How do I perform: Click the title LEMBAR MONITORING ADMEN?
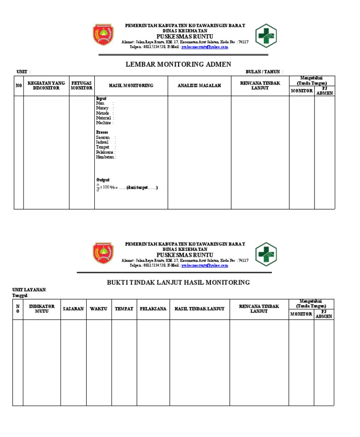coord(179,64)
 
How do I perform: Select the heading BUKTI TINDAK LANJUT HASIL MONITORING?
coord(179,282)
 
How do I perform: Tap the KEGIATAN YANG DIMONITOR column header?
coord(46,85)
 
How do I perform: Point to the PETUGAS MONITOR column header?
coord(82,85)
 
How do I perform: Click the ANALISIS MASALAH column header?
coord(199,85)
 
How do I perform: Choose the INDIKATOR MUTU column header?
coord(42,309)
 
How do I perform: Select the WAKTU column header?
coord(98,309)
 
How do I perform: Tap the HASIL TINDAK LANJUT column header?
coord(199,309)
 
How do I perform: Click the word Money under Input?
coord(102,108)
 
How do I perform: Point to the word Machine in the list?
coord(104,123)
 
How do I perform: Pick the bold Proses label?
coord(102,133)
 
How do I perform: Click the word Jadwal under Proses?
coord(102,143)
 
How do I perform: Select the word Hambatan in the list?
coord(105,157)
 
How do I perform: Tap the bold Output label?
coord(103,180)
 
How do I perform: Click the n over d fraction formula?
coord(98,188)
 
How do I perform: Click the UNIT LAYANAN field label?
coord(29,290)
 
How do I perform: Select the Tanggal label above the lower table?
coord(20,296)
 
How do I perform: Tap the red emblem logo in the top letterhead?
coord(103,35)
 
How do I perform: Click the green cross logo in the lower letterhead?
coord(266,254)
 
